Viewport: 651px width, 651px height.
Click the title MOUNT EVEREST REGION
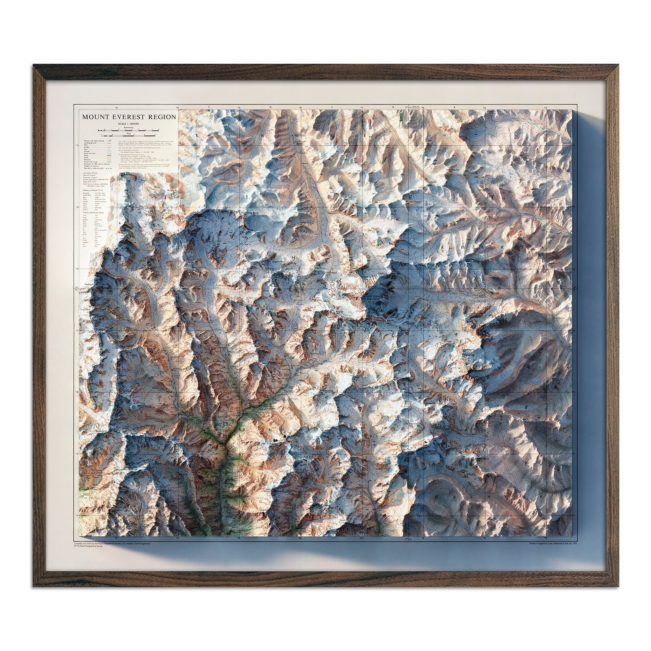tap(129, 117)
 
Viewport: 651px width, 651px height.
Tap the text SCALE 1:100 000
tap(129, 123)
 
